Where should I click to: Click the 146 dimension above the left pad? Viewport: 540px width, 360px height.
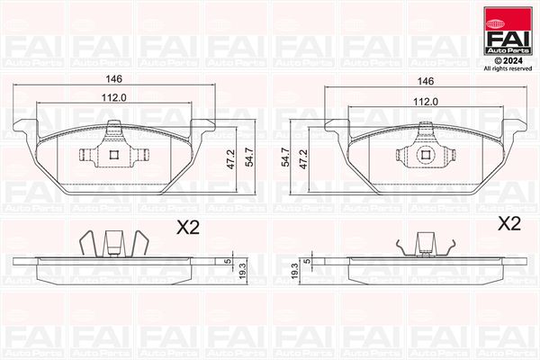(x=113, y=79)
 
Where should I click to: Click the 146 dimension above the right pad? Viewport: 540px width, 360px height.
(x=426, y=81)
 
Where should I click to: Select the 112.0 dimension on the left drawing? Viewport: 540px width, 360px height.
(x=113, y=98)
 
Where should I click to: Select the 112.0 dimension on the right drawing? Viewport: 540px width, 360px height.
(x=426, y=102)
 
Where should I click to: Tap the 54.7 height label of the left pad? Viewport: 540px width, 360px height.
(x=248, y=157)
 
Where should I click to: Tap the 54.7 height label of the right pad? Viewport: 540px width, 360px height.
(x=285, y=157)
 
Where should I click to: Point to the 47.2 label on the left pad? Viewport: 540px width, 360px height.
(x=230, y=158)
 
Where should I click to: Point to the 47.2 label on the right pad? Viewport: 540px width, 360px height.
(x=303, y=158)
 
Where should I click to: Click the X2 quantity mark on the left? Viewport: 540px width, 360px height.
(x=188, y=228)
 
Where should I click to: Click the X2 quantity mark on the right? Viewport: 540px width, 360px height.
(x=509, y=224)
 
